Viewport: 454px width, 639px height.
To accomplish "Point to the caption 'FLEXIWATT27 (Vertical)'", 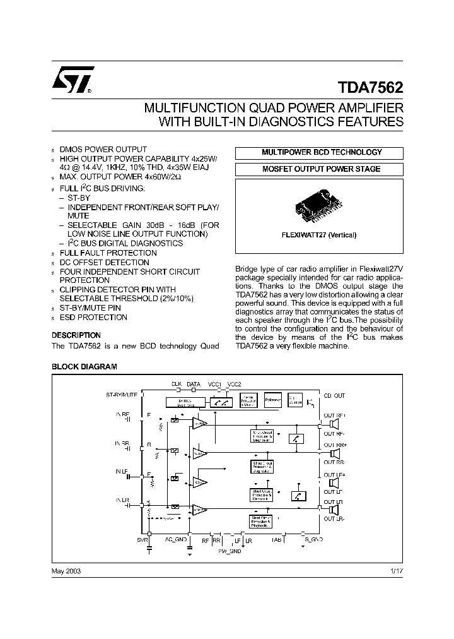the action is [x=319, y=235].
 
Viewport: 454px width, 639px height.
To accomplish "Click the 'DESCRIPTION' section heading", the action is [x=76, y=335].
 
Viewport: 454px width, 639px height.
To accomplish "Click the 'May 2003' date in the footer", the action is [x=66, y=570].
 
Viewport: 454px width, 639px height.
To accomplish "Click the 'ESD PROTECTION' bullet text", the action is [x=93, y=317].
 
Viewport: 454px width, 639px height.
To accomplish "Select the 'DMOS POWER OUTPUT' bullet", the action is [x=103, y=149].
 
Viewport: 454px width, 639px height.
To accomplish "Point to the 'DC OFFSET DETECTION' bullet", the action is [x=105, y=262].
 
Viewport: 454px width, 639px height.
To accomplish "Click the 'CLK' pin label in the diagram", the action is [x=177, y=383].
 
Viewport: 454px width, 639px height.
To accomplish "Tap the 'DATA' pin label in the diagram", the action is [x=194, y=383].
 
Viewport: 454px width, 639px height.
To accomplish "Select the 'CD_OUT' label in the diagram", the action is [x=334, y=395].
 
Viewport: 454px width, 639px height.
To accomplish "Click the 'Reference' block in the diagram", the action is [x=273, y=400].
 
